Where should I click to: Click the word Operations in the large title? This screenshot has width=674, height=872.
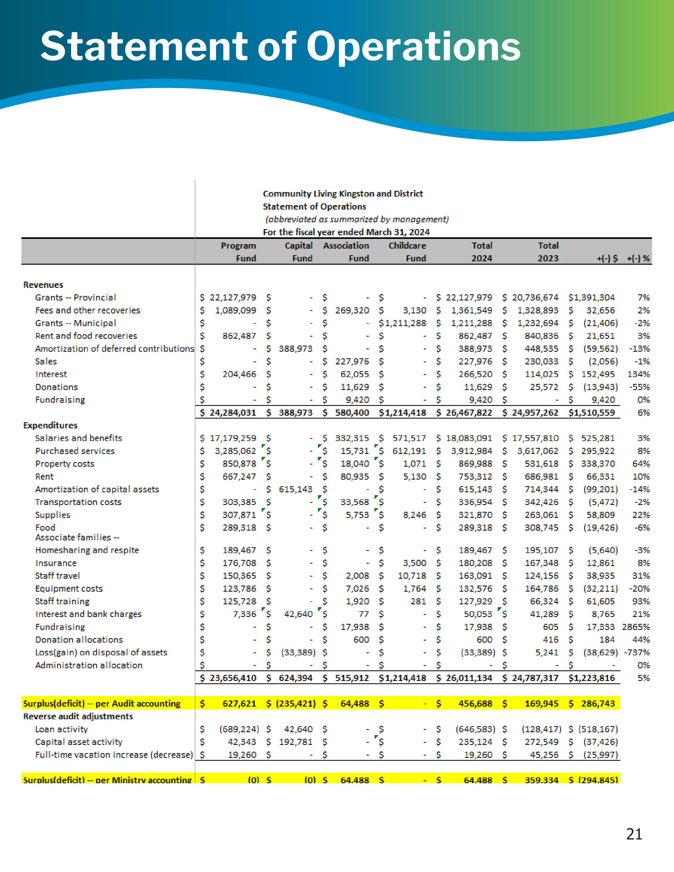point(413,47)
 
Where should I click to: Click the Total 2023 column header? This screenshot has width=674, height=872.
point(548,252)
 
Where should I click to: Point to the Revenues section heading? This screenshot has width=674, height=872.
point(43,285)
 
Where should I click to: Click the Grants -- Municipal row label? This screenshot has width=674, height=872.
point(76,323)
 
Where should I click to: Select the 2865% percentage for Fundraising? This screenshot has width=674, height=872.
point(636,627)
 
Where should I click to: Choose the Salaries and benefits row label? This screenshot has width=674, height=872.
point(78,438)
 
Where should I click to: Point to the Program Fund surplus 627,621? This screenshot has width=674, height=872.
point(239,703)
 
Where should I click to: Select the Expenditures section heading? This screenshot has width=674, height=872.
point(50,425)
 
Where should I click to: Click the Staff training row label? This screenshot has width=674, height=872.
point(62,601)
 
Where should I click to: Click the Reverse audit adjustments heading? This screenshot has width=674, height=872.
point(78,716)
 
